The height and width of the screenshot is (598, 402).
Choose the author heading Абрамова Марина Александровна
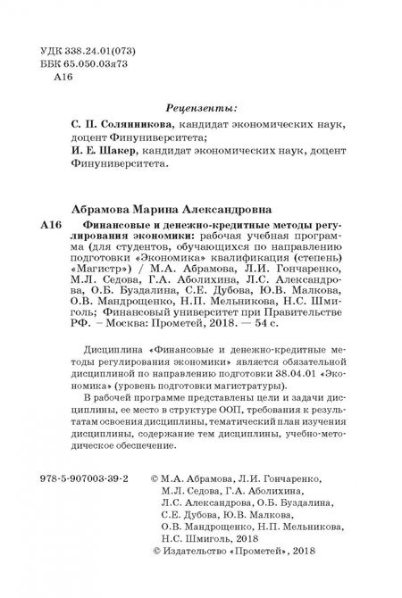click(x=173, y=206)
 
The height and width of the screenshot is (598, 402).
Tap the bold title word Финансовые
click(x=121, y=226)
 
